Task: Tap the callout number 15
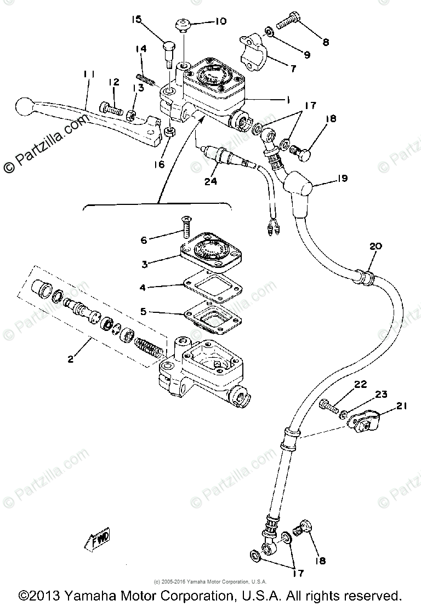[136, 20]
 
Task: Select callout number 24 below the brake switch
[210, 181]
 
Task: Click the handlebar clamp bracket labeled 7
[255, 53]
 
